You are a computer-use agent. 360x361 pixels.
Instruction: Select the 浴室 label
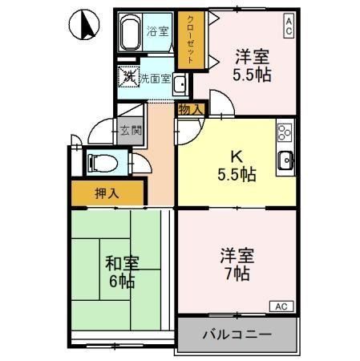(x=158, y=32)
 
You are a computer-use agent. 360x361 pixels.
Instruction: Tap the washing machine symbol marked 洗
(x=128, y=79)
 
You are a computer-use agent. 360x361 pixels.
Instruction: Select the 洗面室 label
(x=155, y=79)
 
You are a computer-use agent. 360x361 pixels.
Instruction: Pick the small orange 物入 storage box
(x=191, y=107)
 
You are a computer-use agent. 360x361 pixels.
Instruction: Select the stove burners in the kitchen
(x=285, y=132)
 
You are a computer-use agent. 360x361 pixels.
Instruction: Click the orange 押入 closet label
(x=107, y=193)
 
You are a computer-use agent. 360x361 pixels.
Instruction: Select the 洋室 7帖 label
(x=237, y=265)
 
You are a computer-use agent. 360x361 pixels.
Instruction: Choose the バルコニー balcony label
(x=237, y=334)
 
